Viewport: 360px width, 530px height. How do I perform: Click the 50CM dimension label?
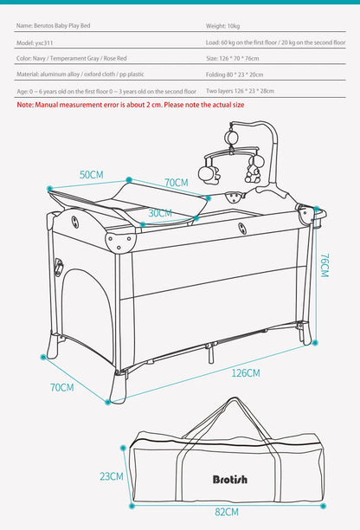coord(92,174)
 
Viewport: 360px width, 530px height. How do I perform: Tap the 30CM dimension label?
coord(159,212)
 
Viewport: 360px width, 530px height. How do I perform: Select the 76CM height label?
coord(325,265)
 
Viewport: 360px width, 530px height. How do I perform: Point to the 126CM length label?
coord(246,372)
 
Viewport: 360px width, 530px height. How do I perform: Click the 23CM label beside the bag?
coord(111,475)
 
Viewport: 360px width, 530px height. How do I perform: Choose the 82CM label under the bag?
coord(227,512)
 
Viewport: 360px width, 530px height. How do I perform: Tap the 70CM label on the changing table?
coord(177,183)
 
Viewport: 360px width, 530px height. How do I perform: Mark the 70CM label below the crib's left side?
coord(61,387)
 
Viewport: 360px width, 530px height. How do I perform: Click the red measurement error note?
coord(131,104)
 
